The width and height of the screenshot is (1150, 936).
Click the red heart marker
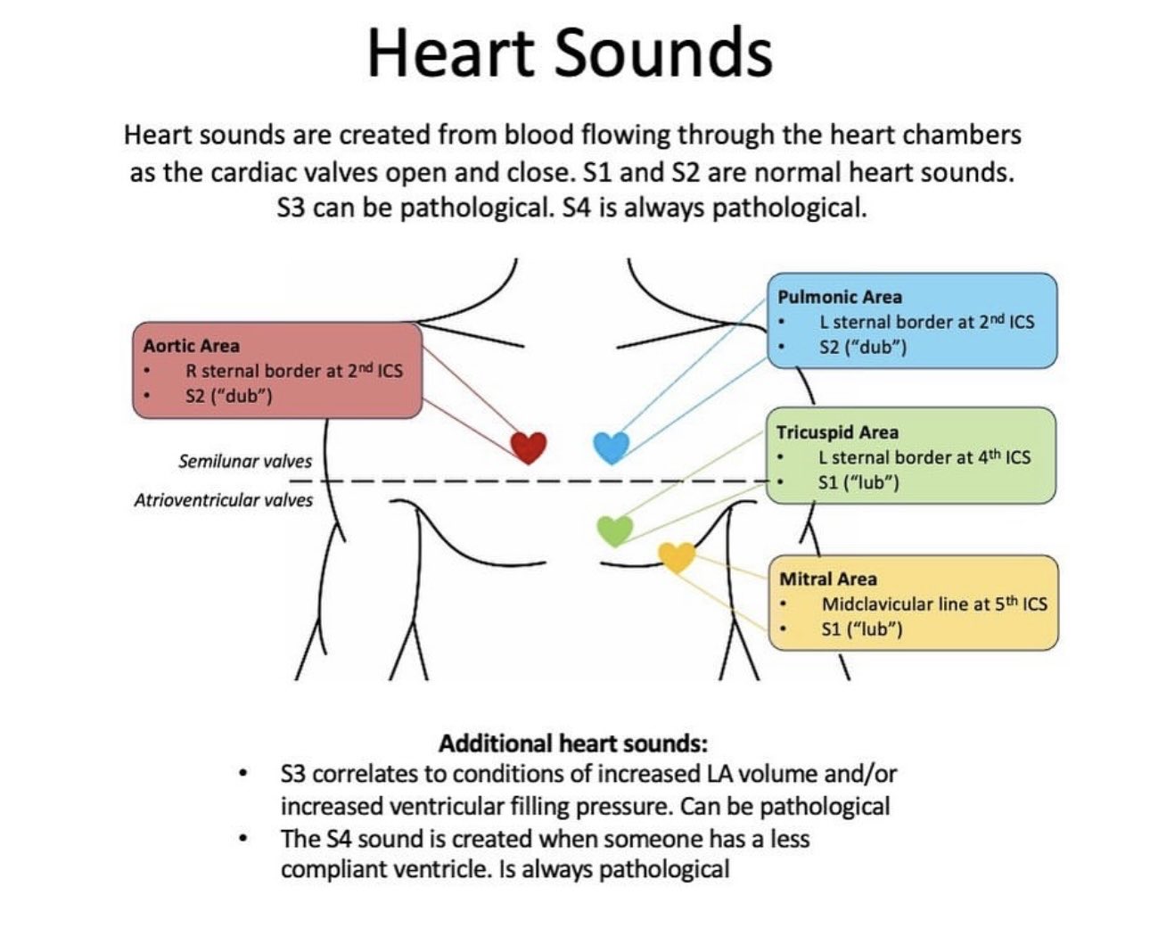pyautogui.click(x=529, y=447)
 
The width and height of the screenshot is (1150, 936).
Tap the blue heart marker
pyautogui.click(x=612, y=447)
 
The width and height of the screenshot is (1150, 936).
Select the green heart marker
pyautogui.click(x=615, y=530)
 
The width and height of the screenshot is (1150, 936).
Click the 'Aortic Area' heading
pyautogui.click(x=191, y=346)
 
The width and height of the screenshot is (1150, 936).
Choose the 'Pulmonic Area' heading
pyautogui.click(x=840, y=297)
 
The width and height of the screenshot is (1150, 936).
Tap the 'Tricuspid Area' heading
pyautogui.click(x=837, y=432)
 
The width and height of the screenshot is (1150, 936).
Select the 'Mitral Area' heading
pyautogui.click(x=828, y=579)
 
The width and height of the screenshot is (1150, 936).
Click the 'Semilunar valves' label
pyautogui.click(x=245, y=462)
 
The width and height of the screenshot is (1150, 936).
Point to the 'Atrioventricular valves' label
pyautogui.click(x=224, y=500)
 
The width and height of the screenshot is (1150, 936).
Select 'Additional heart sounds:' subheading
pyautogui.click(x=573, y=743)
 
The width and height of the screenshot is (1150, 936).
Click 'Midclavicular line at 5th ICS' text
pyautogui.click(x=934, y=603)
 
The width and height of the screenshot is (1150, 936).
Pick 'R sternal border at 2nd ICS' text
pyautogui.click(x=294, y=370)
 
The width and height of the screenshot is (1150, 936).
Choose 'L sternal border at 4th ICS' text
pyautogui.click(x=924, y=456)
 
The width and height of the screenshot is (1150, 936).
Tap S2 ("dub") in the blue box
pyautogui.click(x=863, y=347)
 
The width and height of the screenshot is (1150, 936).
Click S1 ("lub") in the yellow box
pyautogui.click(x=862, y=629)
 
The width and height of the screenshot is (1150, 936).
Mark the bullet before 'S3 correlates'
pyautogui.click(x=243, y=775)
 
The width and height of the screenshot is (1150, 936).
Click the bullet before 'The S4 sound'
pyautogui.click(x=243, y=840)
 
